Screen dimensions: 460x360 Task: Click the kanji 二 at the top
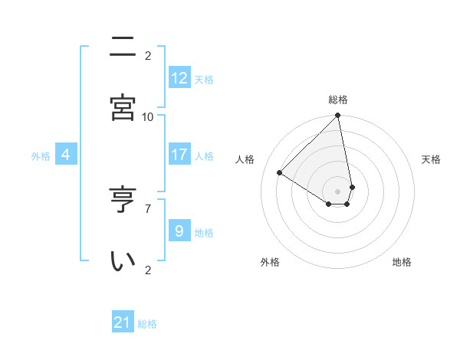click(123, 47)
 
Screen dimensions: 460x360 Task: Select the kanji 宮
click(123, 107)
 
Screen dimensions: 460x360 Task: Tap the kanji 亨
click(123, 201)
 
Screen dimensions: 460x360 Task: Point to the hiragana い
click(123, 260)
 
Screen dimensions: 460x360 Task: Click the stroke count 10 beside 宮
click(148, 116)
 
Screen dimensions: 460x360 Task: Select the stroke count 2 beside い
click(148, 269)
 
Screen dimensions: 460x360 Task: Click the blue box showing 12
click(179, 78)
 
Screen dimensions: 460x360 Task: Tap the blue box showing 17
click(179, 155)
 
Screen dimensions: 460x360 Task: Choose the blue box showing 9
click(179, 231)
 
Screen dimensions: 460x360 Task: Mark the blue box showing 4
click(66, 155)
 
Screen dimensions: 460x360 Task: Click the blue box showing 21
click(123, 322)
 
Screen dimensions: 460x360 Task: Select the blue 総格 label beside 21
click(147, 324)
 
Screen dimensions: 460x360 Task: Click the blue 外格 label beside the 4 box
click(41, 156)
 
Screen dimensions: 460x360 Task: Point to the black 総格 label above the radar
click(338, 100)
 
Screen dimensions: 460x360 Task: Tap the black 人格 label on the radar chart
click(245, 159)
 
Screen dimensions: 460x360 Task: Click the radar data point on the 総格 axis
click(337, 116)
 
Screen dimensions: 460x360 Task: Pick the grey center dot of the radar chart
click(337, 191)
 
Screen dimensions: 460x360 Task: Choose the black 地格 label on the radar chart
click(402, 262)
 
